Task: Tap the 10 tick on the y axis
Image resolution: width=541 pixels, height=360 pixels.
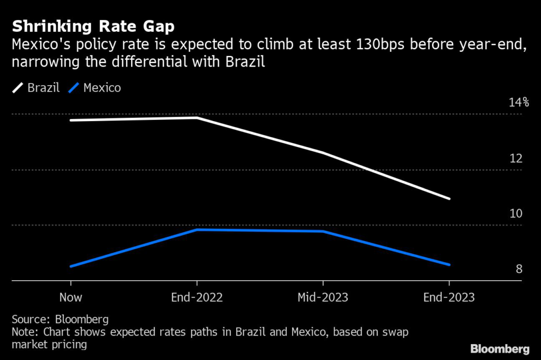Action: (516, 214)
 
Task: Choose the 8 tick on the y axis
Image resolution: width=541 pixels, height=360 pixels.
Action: (519, 269)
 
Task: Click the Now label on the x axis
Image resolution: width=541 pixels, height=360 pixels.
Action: (71, 297)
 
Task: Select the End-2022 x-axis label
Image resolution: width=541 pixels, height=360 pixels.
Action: (197, 297)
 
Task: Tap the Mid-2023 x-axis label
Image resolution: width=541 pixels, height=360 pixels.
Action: (323, 297)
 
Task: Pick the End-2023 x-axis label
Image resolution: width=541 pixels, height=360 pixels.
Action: (449, 297)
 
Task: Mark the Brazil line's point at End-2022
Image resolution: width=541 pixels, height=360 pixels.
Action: (197, 118)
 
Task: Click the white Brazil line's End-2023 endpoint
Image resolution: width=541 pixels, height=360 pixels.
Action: (449, 199)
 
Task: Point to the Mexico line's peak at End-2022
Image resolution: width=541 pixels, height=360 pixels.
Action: (197, 229)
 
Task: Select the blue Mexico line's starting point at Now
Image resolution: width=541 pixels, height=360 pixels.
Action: (71, 266)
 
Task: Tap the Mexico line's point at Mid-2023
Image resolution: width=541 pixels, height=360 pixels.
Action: (323, 231)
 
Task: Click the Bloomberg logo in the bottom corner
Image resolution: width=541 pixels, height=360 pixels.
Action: (500, 349)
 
